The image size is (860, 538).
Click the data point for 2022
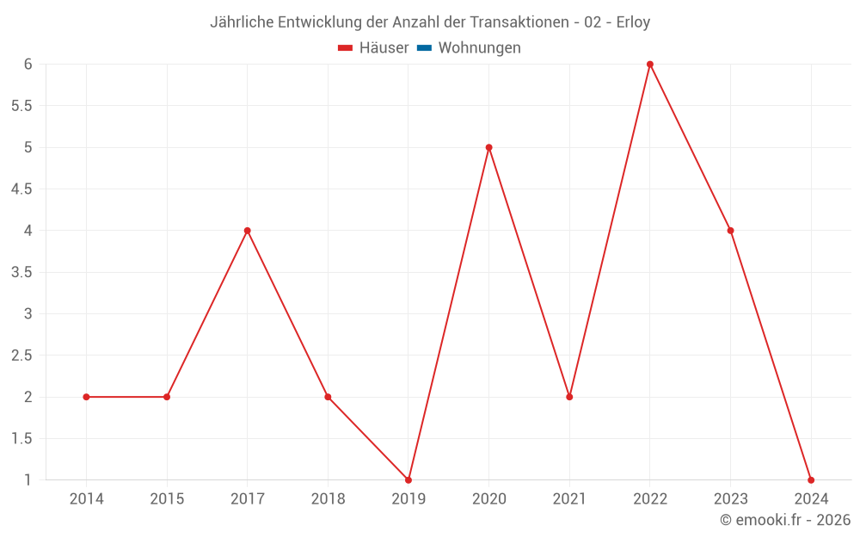[650, 64]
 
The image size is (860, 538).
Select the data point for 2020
[488, 147]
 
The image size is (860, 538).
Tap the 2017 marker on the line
[247, 231]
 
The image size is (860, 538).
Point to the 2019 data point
[408, 479]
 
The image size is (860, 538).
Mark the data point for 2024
[811, 479]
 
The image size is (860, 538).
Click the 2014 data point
[86, 397]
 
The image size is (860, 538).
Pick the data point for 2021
[569, 397]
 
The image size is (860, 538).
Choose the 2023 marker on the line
[730, 231]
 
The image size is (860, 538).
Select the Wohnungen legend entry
[479, 48]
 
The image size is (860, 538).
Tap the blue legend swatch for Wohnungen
[424, 48]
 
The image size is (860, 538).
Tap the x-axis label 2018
[328, 498]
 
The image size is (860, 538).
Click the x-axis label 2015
[167, 498]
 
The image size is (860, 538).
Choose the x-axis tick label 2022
[650, 498]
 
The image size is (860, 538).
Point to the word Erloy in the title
[633, 22]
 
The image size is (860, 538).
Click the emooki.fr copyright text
[785, 520]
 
